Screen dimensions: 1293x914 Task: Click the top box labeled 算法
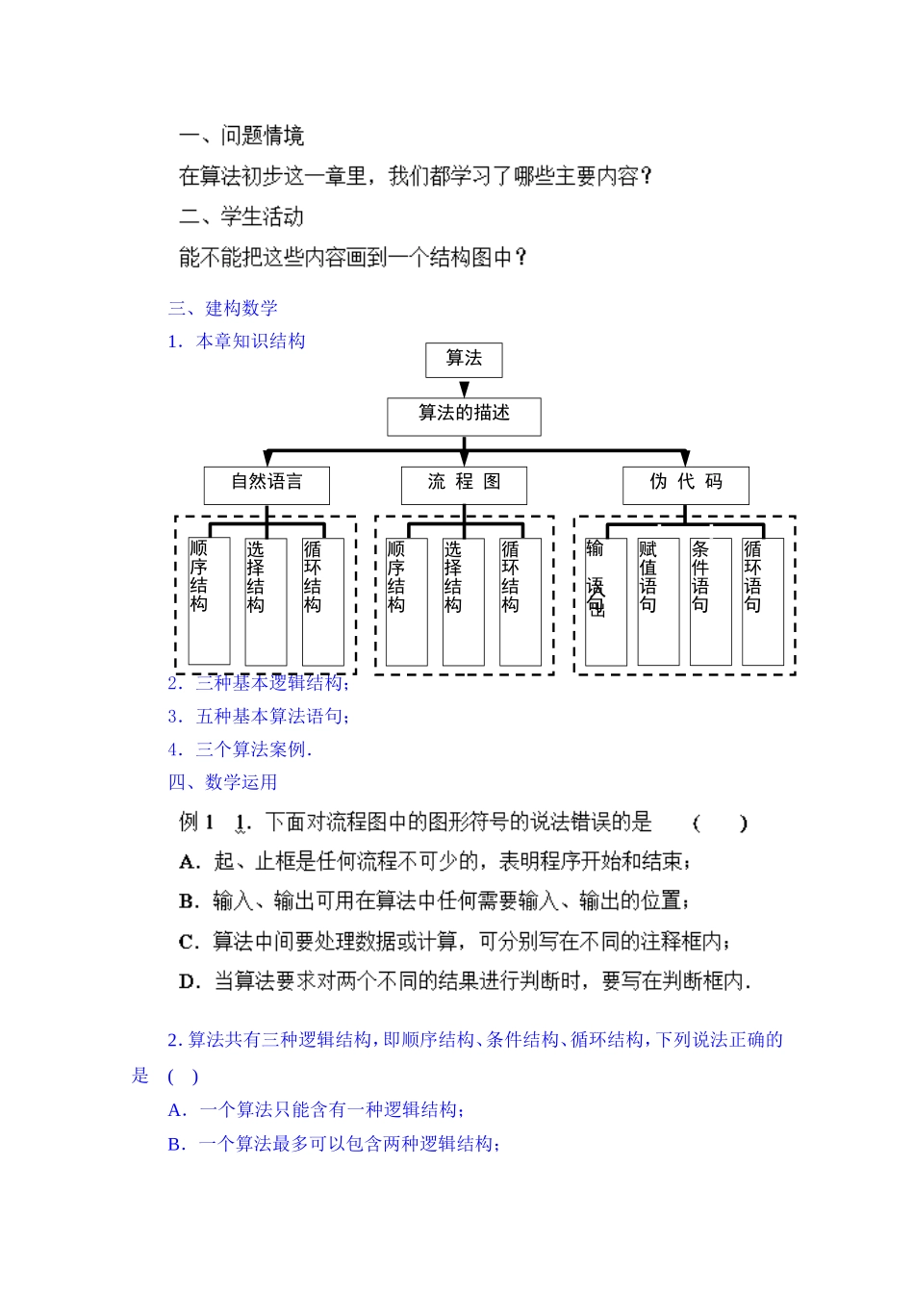(x=464, y=360)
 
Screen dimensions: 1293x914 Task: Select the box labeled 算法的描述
(x=464, y=416)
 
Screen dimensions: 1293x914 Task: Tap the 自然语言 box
(x=267, y=484)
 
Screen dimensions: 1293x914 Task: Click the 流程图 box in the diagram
(x=464, y=484)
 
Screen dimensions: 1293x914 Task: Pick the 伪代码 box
(x=685, y=484)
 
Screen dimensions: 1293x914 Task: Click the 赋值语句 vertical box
(x=658, y=601)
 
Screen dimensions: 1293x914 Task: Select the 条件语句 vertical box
(x=710, y=601)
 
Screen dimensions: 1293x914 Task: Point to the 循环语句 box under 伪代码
(x=762, y=601)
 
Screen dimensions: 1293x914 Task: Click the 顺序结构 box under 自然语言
(x=209, y=601)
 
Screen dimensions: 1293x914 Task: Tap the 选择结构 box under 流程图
(x=463, y=601)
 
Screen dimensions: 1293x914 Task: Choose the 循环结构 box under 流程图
(x=520, y=601)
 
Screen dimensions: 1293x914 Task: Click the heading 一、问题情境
(x=241, y=137)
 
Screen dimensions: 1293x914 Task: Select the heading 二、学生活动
(x=241, y=217)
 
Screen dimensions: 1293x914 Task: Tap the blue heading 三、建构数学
(x=223, y=309)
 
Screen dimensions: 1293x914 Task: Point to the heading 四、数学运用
(x=223, y=782)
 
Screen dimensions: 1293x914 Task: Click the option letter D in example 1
(x=189, y=982)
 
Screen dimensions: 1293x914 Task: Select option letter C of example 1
(x=189, y=942)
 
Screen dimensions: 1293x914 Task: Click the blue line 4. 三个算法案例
(x=240, y=749)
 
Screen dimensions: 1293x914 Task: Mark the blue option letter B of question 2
(x=176, y=1144)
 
